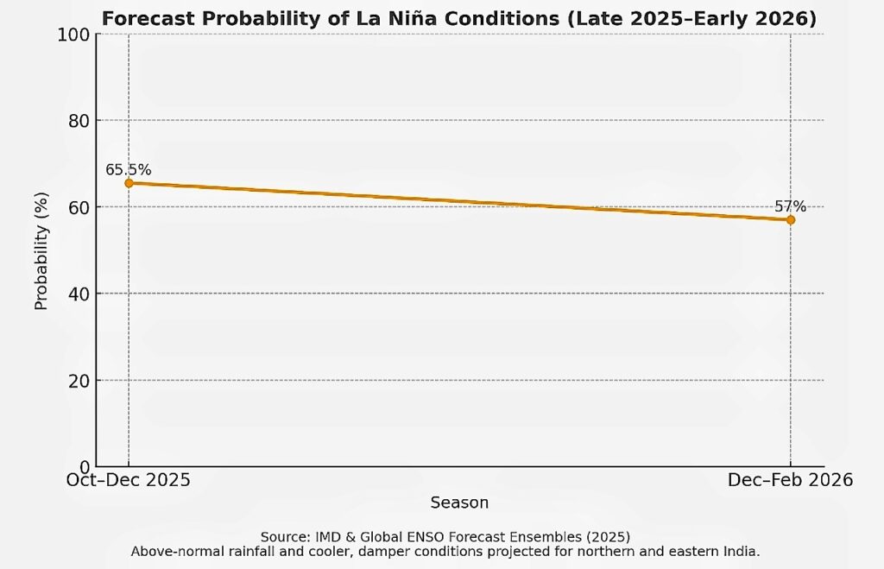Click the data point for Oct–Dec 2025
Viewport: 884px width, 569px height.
[129, 183]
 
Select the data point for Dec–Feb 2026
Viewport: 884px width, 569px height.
[790, 220]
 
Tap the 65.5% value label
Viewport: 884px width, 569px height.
[129, 170]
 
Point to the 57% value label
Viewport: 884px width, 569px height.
[790, 206]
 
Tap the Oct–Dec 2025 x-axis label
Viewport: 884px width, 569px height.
[129, 480]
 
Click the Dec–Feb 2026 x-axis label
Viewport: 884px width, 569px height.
[790, 480]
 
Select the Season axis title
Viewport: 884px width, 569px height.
[459, 503]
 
